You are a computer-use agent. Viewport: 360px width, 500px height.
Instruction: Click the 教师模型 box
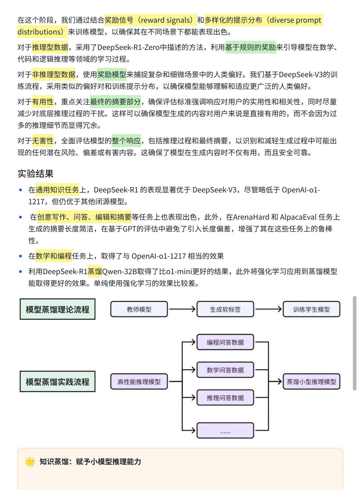139,309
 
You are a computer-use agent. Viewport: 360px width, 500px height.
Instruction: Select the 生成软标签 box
225,309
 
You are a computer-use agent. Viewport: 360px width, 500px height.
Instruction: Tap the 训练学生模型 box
311,309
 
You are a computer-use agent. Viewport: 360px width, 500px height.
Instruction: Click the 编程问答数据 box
225,342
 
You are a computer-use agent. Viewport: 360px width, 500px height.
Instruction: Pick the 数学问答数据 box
225,370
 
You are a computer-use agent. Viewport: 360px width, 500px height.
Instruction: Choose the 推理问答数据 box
225,398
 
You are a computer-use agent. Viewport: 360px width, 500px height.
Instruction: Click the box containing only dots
225,430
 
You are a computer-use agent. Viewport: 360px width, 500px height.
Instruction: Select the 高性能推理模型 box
139,382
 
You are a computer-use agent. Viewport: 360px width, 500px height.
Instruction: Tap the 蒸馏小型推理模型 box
311,382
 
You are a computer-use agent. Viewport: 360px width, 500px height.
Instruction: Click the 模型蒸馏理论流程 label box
57,309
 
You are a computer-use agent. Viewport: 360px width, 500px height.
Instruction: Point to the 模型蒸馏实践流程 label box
57,382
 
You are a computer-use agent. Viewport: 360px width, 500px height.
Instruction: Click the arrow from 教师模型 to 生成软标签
182,309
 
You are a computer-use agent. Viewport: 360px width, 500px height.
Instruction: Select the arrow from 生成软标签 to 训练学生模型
268,309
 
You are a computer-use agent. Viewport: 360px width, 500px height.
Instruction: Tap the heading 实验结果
35,174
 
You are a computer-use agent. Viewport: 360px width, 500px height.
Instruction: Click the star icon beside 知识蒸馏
30,462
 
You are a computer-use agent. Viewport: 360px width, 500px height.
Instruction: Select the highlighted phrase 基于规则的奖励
250,47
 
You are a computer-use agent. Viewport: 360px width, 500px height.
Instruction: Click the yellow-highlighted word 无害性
43,141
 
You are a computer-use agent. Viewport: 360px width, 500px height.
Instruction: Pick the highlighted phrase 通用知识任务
57,190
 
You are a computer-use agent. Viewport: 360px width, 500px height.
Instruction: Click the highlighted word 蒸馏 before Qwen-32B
95,272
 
